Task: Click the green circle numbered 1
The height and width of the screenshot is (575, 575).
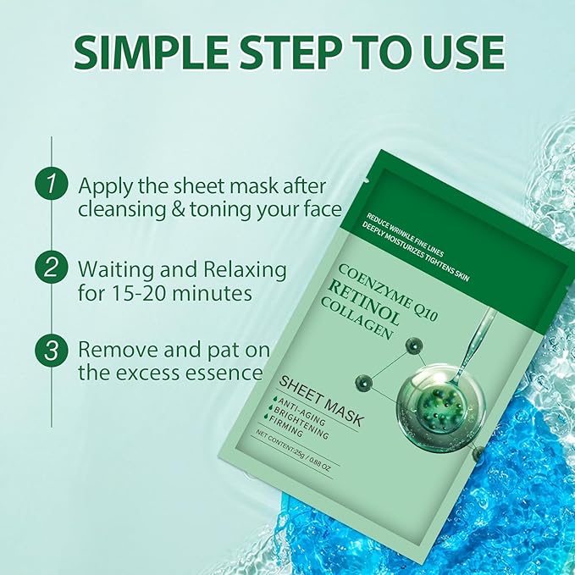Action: click(51, 184)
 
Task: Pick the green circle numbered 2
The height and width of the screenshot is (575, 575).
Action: click(51, 268)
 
